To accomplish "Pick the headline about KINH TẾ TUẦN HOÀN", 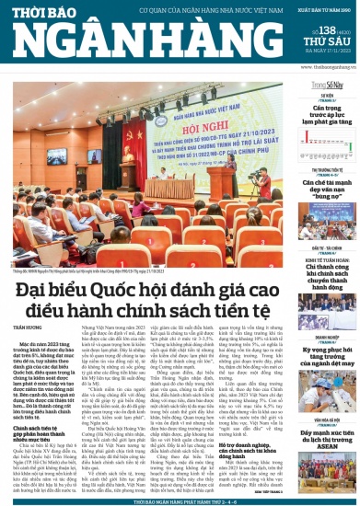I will coord(327,266).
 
